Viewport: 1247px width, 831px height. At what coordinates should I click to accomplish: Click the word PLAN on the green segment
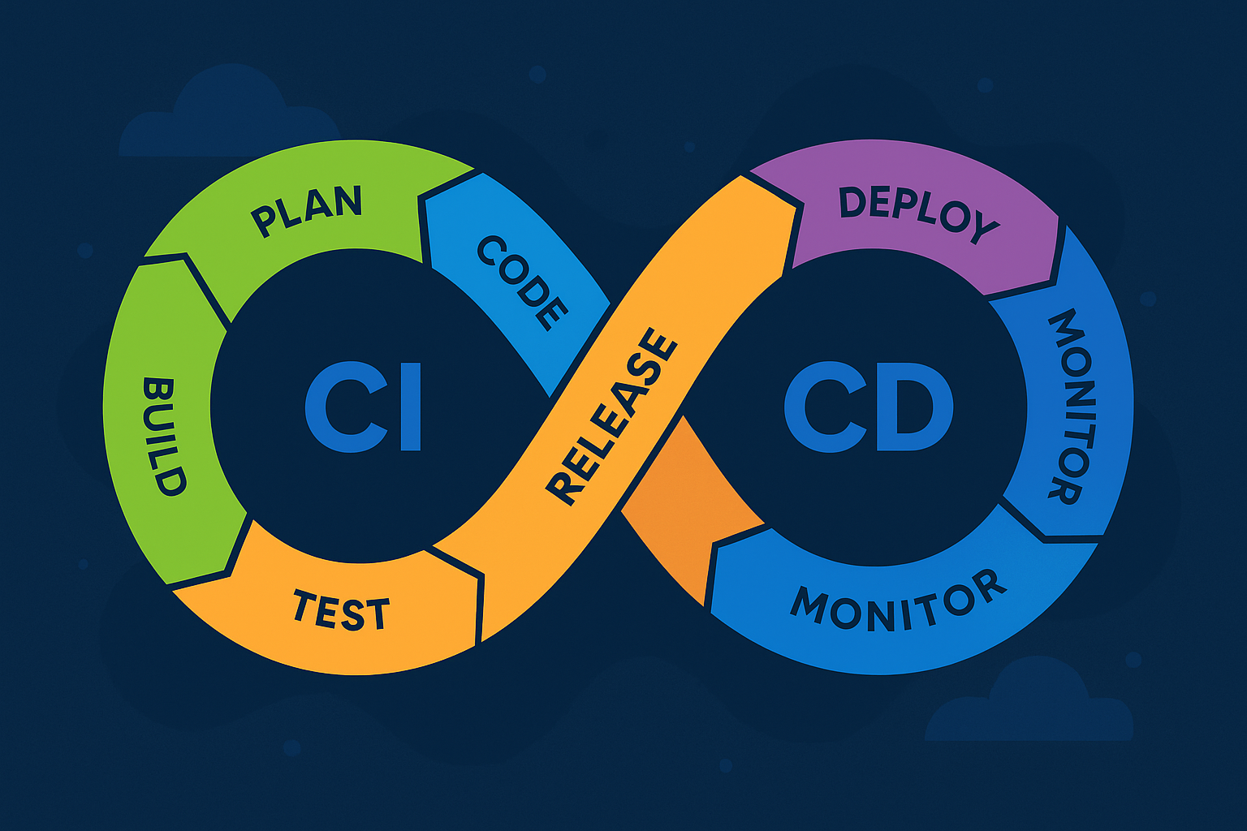306,211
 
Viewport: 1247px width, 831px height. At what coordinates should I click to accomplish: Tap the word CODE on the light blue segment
523,283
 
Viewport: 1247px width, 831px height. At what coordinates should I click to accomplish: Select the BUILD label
164,437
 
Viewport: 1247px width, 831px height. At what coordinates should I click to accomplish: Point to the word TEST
341,610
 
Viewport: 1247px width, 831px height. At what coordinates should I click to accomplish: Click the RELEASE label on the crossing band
611,416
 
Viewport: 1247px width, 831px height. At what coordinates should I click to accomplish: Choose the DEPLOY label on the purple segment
918,215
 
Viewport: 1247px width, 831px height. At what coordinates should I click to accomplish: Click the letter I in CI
411,407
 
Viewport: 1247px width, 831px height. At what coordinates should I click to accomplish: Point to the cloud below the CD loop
1029,700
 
